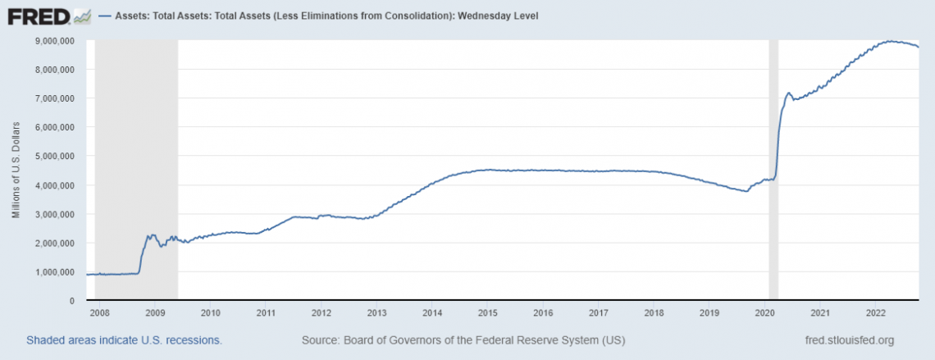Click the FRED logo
tap(38, 16)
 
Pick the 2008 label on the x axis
tap(98, 313)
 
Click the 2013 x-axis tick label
tap(376, 313)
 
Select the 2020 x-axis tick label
tap(764, 313)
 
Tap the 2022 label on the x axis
tap(875, 313)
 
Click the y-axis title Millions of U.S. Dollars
tap(16, 171)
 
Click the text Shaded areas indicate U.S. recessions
tap(124, 339)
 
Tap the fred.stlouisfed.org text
tap(851, 339)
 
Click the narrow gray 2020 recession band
tap(773, 164)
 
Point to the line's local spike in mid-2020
tap(788, 93)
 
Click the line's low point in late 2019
tap(746, 191)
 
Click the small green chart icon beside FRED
tap(81, 16)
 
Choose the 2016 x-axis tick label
tap(543, 313)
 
